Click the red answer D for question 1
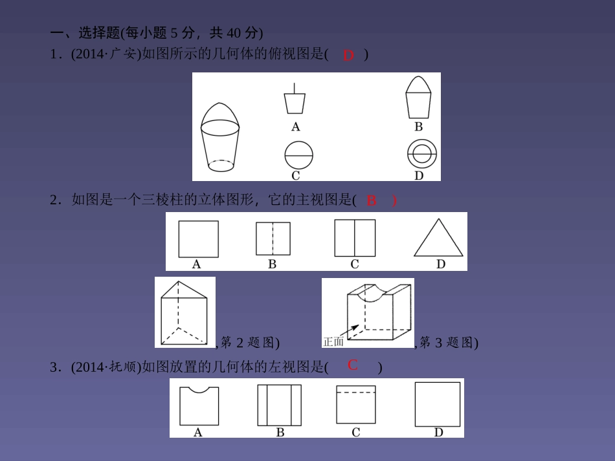pos(348,56)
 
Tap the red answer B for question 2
pos(372,200)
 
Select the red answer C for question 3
pos(353,365)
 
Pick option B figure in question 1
pos(418,98)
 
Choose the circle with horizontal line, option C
pos(298,156)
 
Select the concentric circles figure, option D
pos(422,155)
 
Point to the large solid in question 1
pos(221,137)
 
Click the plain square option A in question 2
pos(198,239)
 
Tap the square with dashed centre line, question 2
pos(273,239)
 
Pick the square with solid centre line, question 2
pos(355,238)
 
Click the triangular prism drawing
pos(184,313)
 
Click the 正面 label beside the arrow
pos(333,341)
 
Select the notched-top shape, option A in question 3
pos(199,405)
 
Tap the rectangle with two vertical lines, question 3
pos(280,405)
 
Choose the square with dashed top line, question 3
pos(355,404)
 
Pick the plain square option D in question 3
pos(438,403)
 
